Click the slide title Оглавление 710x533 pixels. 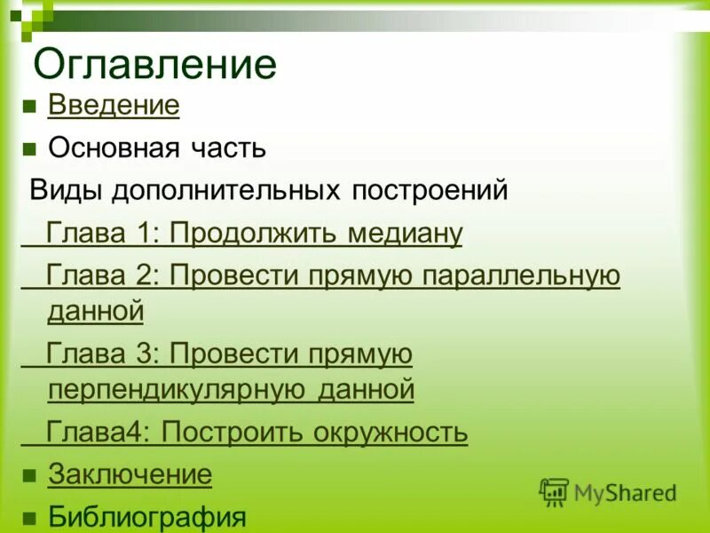click(x=154, y=65)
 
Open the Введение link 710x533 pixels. click(x=114, y=106)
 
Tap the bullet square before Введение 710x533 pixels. click(x=28, y=107)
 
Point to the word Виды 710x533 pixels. click(x=59, y=190)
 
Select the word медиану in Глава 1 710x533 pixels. click(x=405, y=234)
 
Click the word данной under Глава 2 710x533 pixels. click(x=95, y=311)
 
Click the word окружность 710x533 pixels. click(x=390, y=433)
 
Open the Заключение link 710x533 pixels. click(x=130, y=474)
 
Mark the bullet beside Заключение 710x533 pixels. click(x=28, y=475)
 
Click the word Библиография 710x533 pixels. click(x=146, y=516)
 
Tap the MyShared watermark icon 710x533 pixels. click(x=554, y=491)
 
